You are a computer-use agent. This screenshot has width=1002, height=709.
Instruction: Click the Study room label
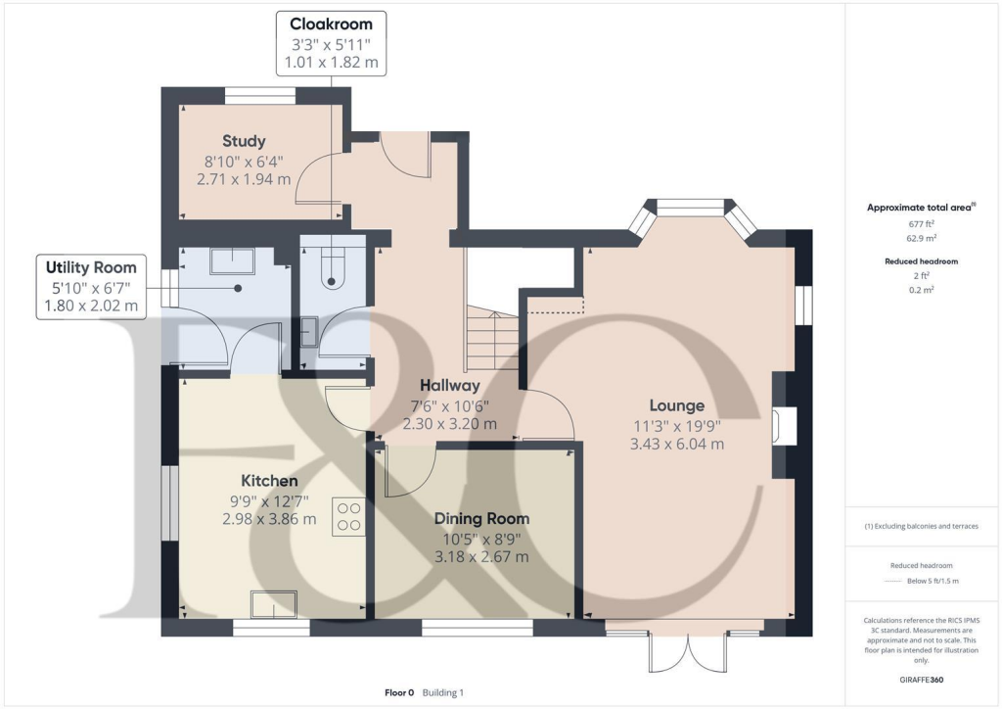(x=244, y=141)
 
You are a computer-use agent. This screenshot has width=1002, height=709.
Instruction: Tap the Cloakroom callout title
(x=331, y=24)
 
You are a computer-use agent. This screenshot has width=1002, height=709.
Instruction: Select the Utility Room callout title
(x=91, y=267)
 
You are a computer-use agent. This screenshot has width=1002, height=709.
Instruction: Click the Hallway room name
(x=450, y=386)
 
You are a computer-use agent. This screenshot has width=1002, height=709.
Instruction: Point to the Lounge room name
(x=677, y=405)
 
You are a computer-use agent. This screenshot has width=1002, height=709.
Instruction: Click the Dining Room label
(x=481, y=518)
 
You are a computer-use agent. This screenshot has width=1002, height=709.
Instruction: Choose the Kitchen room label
(x=269, y=481)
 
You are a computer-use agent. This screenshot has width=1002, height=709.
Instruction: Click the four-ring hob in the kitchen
(x=349, y=516)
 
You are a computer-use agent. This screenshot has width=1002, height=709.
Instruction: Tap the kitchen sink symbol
(x=274, y=605)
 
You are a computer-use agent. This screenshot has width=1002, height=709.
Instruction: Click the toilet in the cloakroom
(x=331, y=268)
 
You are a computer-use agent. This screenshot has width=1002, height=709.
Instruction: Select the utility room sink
(x=233, y=260)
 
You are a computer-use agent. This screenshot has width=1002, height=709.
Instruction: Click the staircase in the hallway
(x=493, y=338)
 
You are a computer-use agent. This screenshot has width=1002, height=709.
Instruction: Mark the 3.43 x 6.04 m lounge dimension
(x=677, y=444)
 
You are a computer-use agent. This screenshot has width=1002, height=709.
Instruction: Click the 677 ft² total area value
(x=922, y=223)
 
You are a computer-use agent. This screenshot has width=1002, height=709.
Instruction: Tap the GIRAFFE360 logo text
(x=922, y=680)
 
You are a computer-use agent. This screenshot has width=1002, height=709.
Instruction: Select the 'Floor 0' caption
(x=399, y=692)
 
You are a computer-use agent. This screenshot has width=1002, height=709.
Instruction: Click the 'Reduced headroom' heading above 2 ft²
(x=922, y=261)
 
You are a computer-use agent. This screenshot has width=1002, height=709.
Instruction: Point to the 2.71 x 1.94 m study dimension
(x=244, y=179)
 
